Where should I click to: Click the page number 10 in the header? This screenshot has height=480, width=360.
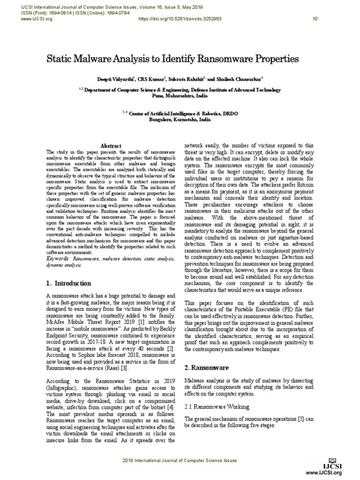pos(315,19)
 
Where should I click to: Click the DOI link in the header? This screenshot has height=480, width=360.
pos(178,19)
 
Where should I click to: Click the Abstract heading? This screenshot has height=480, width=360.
pos(111,146)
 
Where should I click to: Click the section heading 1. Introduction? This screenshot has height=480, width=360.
pos(68,283)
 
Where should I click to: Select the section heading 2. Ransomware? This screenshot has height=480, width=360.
pos(206,368)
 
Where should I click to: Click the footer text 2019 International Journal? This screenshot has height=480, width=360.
pos(180,461)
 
